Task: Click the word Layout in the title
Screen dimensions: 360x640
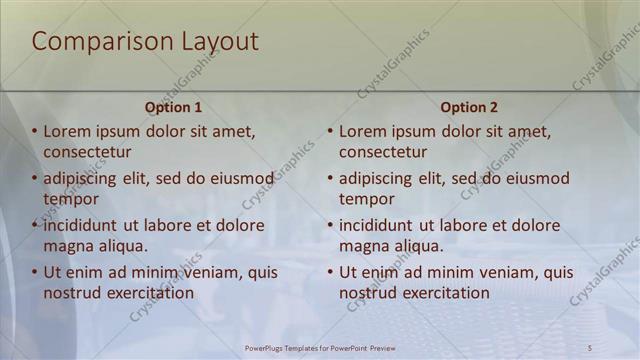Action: click(x=219, y=42)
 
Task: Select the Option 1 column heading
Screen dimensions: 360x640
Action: click(x=173, y=107)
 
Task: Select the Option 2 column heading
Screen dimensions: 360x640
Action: click(x=468, y=107)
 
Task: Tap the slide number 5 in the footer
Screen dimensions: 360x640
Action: click(x=590, y=348)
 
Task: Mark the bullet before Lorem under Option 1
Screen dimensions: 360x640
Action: click(x=34, y=131)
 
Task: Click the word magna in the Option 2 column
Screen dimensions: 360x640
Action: click(x=363, y=246)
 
